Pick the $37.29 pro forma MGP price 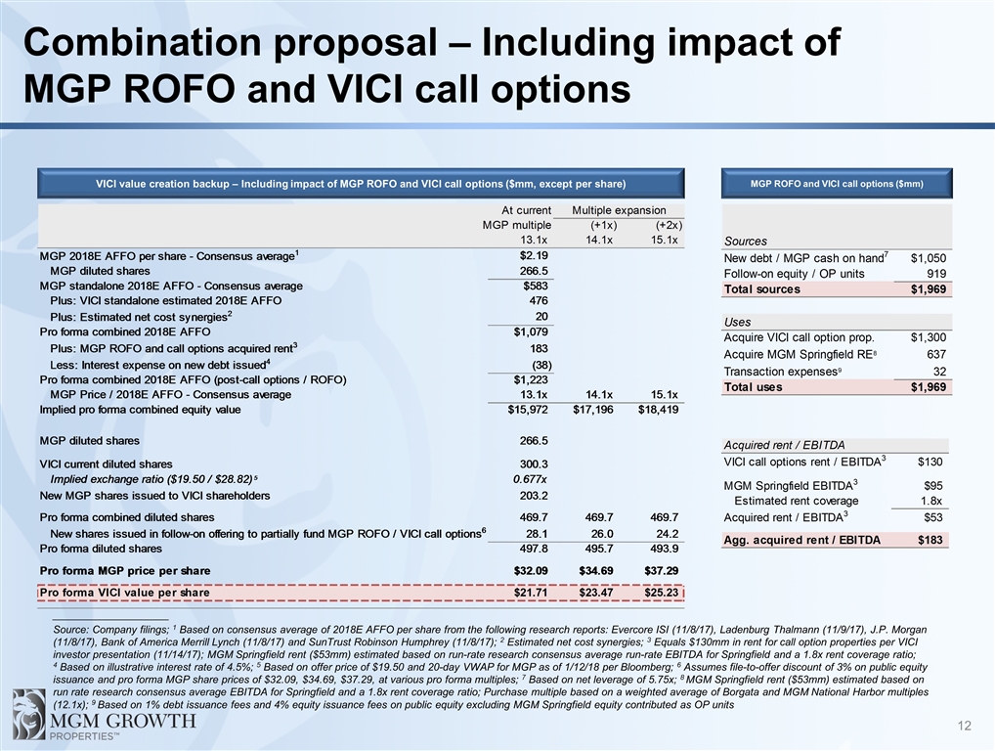click(x=659, y=569)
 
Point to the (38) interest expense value click(x=537, y=364)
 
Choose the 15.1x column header click(x=665, y=240)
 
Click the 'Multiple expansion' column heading click(x=619, y=210)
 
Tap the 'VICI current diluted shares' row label click(x=106, y=464)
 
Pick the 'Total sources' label click(x=761, y=289)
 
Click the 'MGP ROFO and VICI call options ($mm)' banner click(x=836, y=183)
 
